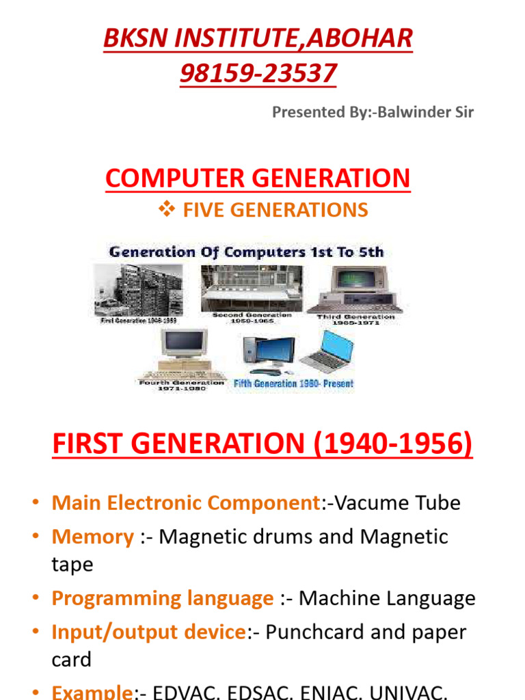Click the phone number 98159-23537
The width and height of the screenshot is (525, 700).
(258, 72)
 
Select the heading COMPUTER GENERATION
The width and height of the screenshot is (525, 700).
(258, 178)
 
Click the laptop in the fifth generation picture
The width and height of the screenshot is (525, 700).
(328, 352)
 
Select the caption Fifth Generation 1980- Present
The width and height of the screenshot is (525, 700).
(294, 384)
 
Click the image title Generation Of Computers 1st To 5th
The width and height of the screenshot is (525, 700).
(246, 252)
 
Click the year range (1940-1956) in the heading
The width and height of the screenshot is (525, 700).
(392, 445)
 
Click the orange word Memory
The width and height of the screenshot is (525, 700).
(93, 537)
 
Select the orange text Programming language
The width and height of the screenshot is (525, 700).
(163, 598)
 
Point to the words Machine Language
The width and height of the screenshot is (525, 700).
(387, 598)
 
